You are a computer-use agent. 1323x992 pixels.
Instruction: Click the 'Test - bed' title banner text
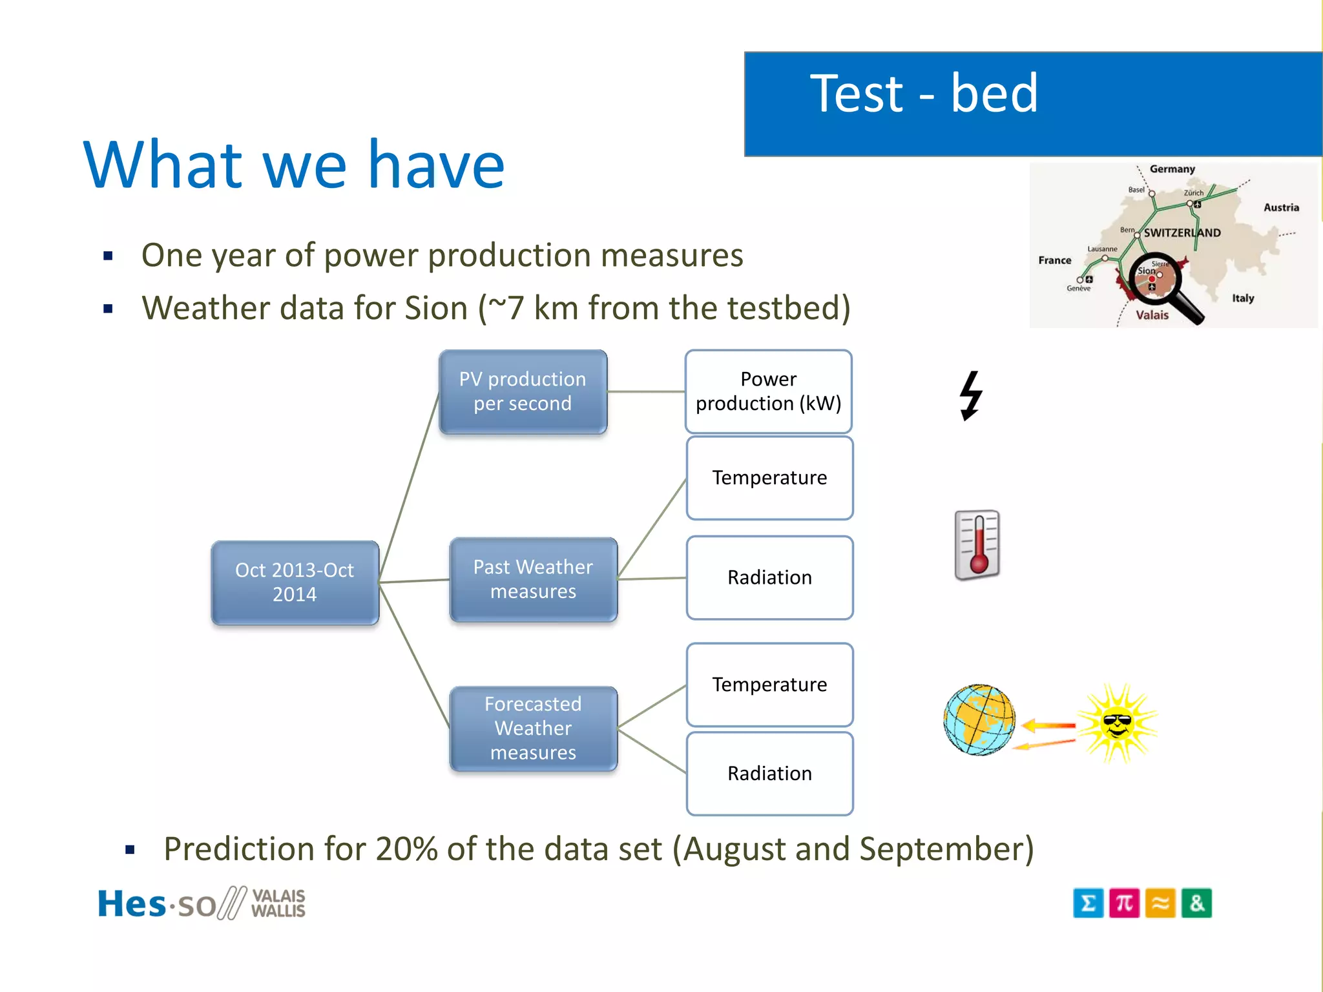pyautogui.click(x=924, y=94)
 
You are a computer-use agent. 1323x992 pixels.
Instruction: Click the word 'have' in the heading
pyautogui.click(x=436, y=165)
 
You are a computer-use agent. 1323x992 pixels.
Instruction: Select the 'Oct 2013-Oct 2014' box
pyautogui.click(x=295, y=583)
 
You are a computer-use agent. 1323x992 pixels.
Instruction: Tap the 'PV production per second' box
pyautogui.click(x=523, y=391)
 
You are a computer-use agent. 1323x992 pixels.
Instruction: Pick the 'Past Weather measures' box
pyautogui.click(x=533, y=579)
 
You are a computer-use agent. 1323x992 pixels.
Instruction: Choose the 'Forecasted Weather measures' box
pyautogui.click(x=533, y=728)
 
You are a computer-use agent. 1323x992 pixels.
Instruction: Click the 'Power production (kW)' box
pyautogui.click(x=768, y=391)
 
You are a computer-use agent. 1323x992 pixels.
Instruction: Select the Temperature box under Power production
pyautogui.click(x=769, y=478)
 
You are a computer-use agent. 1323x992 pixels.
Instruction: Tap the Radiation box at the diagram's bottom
pyautogui.click(x=769, y=773)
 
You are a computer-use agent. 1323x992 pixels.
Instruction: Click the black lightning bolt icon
pyautogui.click(x=970, y=395)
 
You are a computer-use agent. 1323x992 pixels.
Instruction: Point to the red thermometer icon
pyautogui.click(x=977, y=544)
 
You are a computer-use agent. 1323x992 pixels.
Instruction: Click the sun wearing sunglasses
pyautogui.click(x=1118, y=723)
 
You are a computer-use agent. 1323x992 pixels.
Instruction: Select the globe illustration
pyautogui.click(x=979, y=719)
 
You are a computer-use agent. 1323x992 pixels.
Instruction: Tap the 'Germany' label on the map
pyautogui.click(x=1172, y=169)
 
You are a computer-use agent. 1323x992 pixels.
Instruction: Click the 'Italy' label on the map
pyautogui.click(x=1242, y=298)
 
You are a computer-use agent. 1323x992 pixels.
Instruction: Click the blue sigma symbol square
pyautogui.click(x=1088, y=903)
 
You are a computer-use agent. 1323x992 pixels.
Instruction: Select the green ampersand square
pyautogui.click(x=1196, y=903)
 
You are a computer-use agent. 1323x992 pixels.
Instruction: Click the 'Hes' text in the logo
pyautogui.click(x=132, y=904)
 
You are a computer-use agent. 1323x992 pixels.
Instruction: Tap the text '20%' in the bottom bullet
pyautogui.click(x=408, y=849)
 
